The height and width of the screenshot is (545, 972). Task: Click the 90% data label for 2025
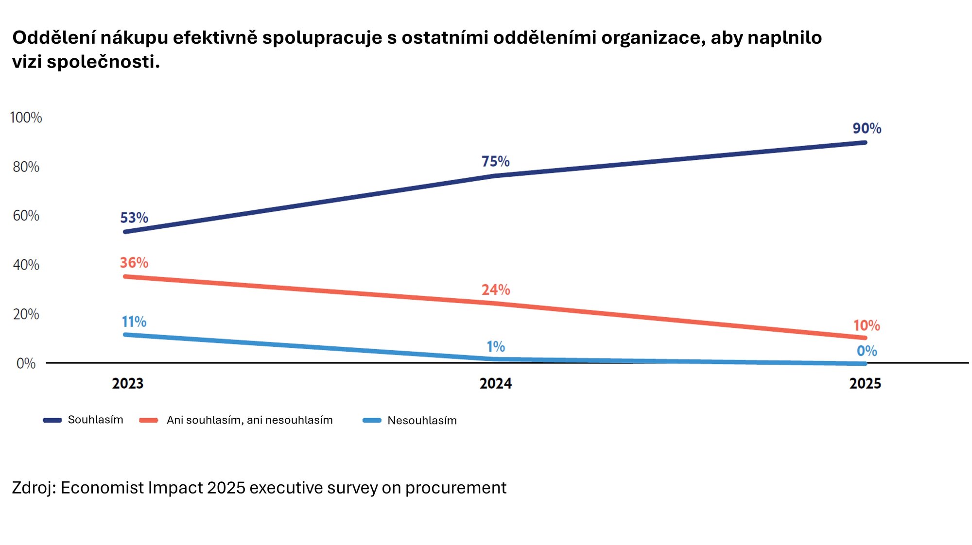pyautogui.click(x=867, y=128)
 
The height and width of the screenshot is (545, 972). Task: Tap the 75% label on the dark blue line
pyautogui.click(x=495, y=161)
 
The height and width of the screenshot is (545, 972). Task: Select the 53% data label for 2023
pyautogui.click(x=134, y=218)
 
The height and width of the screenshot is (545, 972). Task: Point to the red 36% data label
pyautogui.click(x=134, y=263)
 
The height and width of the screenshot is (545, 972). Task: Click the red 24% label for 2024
pyautogui.click(x=496, y=290)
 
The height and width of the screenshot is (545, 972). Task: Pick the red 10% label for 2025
pyautogui.click(x=867, y=325)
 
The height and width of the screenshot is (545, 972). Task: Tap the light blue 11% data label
pyautogui.click(x=134, y=322)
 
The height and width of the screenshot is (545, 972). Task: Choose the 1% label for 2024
pyautogui.click(x=496, y=347)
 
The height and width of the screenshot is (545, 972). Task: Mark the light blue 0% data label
pyautogui.click(x=867, y=351)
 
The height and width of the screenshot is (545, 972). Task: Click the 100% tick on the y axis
pyautogui.click(x=26, y=118)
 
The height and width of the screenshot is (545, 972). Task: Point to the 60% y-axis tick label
pyautogui.click(x=26, y=216)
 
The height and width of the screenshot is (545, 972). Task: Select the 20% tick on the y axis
pyautogui.click(x=26, y=314)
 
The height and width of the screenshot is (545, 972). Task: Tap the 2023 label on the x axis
pyautogui.click(x=128, y=384)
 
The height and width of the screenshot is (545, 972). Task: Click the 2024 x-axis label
pyautogui.click(x=496, y=384)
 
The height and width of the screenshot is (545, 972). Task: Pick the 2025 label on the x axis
pyautogui.click(x=865, y=384)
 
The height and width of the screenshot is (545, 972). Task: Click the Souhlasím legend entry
pyautogui.click(x=95, y=420)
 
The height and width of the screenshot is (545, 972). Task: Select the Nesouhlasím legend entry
pyautogui.click(x=422, y=421)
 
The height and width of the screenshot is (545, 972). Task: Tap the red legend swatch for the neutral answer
pyautogui.click(x=149, y=420)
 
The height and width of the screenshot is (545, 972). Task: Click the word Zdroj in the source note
pyautogui.click(x=32, y=488)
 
